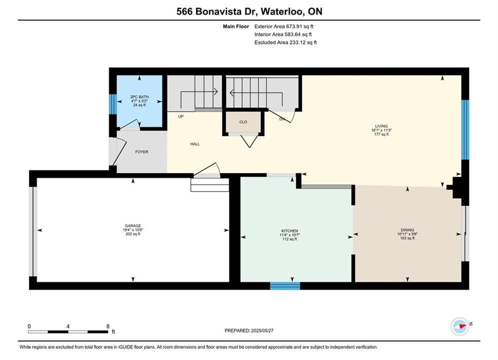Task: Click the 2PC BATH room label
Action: coord(140,97)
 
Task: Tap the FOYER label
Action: coord(142,152)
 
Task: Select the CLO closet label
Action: coord(243,122)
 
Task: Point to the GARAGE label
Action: coord(133,226)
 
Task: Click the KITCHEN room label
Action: coord(290,231)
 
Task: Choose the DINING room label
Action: coord(407,230)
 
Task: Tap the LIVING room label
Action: coord(381,126)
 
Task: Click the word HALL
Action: coord(195,144)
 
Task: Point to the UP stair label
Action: coord(181,116)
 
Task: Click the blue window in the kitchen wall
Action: coord(285,286)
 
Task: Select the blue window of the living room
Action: coord(465,129)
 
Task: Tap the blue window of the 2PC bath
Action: coord(113,104)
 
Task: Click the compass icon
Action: coord(460,326)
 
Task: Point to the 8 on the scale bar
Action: coord(108,326)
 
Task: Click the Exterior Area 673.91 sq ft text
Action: coord(284,26)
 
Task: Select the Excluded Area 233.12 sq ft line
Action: coord(285,42)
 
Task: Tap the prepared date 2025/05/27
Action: coord(262,330)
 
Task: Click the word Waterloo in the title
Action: coord(284,11)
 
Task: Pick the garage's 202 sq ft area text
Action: coord(133,234)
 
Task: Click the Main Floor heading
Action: coord(236,26)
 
